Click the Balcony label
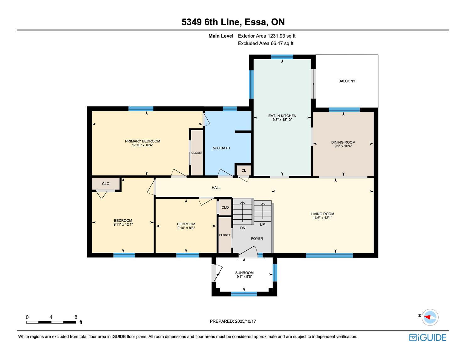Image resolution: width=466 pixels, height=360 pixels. [x=347, y=81]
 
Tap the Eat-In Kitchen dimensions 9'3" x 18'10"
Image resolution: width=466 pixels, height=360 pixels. [x=282, y=120]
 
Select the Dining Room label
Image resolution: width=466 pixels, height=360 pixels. [x=343, y=142]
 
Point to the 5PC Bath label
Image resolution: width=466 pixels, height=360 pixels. [x=221, y=148]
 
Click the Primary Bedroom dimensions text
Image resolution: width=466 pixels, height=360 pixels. [x=142, y=145]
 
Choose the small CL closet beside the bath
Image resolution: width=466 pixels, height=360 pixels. [x=244, y=170]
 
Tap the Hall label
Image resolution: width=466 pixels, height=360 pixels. [x=216, y=188]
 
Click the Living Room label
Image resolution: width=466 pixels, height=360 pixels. [x=322, y=214]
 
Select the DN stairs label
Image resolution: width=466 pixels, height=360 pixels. [x=242, y=228]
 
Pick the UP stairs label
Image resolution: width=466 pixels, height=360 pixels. [x=262, y=225]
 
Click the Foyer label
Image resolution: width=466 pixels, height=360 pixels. [x=257, y=239]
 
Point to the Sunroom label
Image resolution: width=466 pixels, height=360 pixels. [x=244, y=273]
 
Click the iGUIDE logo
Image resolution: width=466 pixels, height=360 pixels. [x=427, y=337]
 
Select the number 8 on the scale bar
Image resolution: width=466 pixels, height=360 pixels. [x=76, y=317]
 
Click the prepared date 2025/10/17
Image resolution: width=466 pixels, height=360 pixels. [x=245, y=321]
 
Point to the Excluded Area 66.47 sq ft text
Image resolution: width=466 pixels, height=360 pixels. [x=265, y=44]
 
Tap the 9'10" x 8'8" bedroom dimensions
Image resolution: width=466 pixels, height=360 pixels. [x=186, y=228]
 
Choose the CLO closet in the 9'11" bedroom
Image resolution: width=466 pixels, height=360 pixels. [x=106, y=184]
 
